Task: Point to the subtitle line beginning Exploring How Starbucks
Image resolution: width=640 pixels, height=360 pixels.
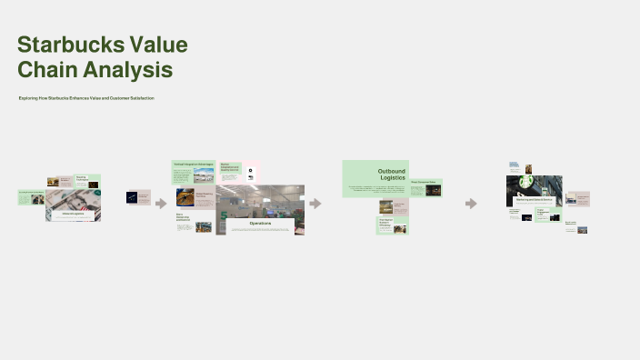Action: tap(86, 97)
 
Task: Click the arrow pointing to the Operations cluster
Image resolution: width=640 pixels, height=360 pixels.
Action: tap(161, 203)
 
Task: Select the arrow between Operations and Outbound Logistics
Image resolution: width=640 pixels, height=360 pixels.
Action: tap(315, 203)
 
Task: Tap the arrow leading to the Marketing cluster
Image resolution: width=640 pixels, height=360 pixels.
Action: tap(471, 203)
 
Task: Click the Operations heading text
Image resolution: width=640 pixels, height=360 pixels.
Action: tap(261, 223)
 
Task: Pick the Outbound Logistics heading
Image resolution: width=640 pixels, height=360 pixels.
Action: tap(391, 175)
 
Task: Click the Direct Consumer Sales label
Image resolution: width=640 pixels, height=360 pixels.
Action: tap(424, 182)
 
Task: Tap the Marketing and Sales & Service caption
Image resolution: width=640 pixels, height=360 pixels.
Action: tap(535, 198)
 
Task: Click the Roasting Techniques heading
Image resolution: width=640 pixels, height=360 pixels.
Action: tap(82, 178)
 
